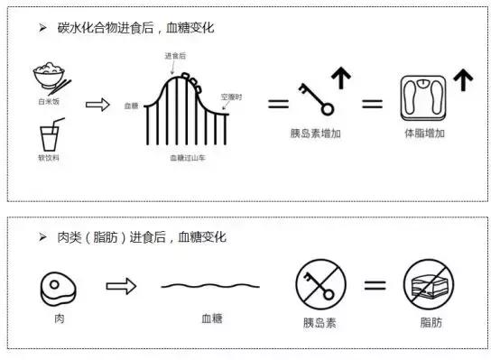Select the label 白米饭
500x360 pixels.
[x=49, y=102]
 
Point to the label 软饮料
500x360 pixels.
[x=49, y=158]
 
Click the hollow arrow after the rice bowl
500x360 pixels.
[x=97, y=105]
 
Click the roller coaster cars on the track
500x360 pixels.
[x=191, y=82]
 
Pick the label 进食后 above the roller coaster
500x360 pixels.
[x=175, y=56]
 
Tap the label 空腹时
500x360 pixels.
[x=232, y=97]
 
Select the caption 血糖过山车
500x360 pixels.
[x=188, y=158]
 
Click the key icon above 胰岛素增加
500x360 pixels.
[x=316, y=99]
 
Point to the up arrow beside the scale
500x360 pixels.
[x=463, y=79]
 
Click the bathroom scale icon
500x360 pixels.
[x=423, y=98]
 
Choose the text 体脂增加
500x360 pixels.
[x=425, y=134]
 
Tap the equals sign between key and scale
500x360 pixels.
[x=372, y=104]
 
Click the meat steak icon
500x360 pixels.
[x=58, y=289]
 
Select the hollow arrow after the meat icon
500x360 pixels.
[x=121, y=286]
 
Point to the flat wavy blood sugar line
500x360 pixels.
[x=210, y=286]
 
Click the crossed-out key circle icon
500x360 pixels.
[x=320, y=284]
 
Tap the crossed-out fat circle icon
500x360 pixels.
[x=429, y=284]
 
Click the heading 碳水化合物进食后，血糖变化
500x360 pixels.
[x=136, y=28]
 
